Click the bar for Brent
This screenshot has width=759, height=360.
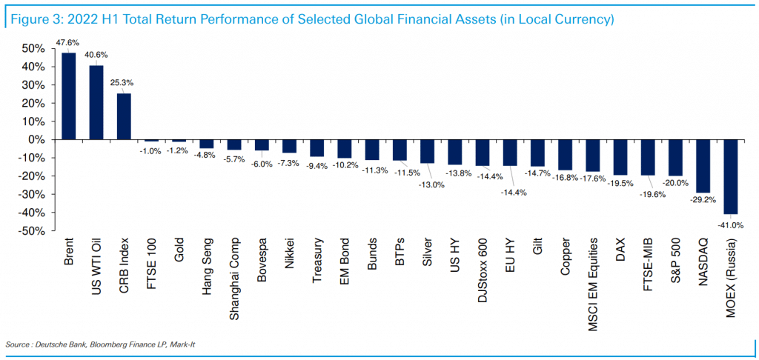tap(69, 96)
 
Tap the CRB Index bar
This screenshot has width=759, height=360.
tap(124, 116)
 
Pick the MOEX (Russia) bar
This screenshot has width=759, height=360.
tap(731, 176)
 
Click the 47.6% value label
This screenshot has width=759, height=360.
tap(68, 43)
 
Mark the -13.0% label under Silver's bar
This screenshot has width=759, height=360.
tap(432, 184)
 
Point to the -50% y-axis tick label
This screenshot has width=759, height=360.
tap(33, 231)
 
